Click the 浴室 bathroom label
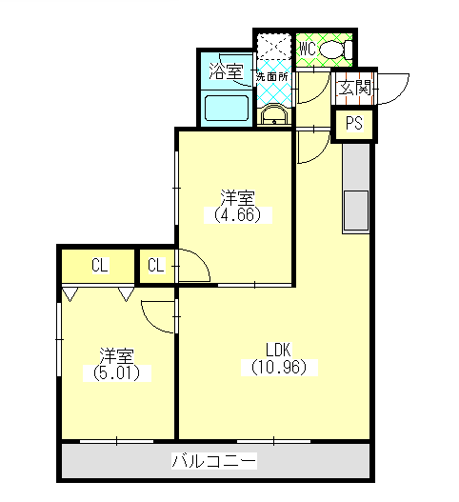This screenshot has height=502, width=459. coord(225,71)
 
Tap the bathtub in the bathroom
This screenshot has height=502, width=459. coord(227,106)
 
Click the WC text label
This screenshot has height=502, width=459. coord(307,49)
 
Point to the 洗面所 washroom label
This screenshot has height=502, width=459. coord(272,75)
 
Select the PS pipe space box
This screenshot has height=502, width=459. coord(354,123)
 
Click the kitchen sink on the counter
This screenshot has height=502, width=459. coord(358,210)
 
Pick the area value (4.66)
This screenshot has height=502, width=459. coord(237,215)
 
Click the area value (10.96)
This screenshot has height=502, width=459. coord(278,366)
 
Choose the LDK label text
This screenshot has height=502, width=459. coord(278,349)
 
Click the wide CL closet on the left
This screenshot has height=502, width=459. coord(99,266)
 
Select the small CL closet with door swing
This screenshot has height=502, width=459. coord(157,266)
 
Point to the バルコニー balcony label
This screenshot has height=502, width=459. coord(214,462)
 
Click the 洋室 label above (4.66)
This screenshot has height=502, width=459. coord(237,198)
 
